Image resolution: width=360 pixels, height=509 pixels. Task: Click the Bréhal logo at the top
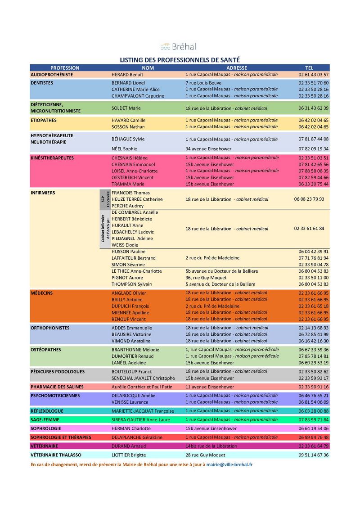179,46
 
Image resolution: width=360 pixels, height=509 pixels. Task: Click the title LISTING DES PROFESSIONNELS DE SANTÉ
180,59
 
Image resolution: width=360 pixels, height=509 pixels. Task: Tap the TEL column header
309,68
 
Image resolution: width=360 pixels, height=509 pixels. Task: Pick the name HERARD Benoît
127,75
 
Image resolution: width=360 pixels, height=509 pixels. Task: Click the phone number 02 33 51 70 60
313,83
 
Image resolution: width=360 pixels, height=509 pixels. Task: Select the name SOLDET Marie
126,108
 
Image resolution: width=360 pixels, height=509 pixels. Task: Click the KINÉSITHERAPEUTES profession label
52,158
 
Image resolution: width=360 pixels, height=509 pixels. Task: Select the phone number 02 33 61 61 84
309,229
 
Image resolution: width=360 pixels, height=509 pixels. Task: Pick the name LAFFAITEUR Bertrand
133,258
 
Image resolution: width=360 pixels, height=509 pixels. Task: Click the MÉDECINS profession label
41,293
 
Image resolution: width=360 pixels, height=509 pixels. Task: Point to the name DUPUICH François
130,306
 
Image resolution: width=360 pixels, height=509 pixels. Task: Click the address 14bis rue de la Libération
211,446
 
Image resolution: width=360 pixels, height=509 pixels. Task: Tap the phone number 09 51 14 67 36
313,455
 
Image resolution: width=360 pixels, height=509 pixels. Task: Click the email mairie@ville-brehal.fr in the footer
229,464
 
